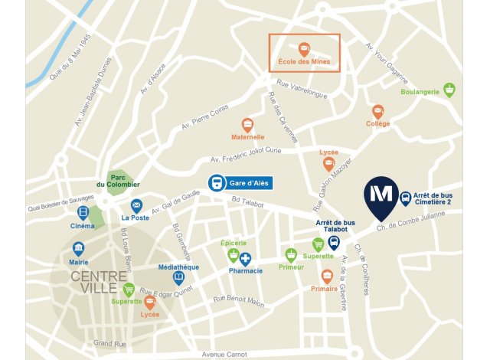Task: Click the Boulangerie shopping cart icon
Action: [x=449, y=89]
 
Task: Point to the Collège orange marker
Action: [x=377, y=112]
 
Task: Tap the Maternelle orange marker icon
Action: [x=247, y=124]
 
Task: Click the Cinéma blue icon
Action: [x=83, y=213]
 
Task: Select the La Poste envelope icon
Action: [x=136, y=205]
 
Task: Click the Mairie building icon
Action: [x=78, y=248]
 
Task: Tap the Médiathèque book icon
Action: [x=178, y=277]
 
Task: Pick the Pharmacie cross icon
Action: [x=246, y=259]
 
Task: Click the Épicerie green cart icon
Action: [x=234, y=254]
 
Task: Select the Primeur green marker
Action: [x=291, y=254]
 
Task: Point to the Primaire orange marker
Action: [x=327, y=276]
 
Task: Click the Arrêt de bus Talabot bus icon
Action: [x=334, y=243]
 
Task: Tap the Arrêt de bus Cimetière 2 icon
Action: [x=405, y=197]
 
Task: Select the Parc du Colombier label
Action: [x=118, y=181]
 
